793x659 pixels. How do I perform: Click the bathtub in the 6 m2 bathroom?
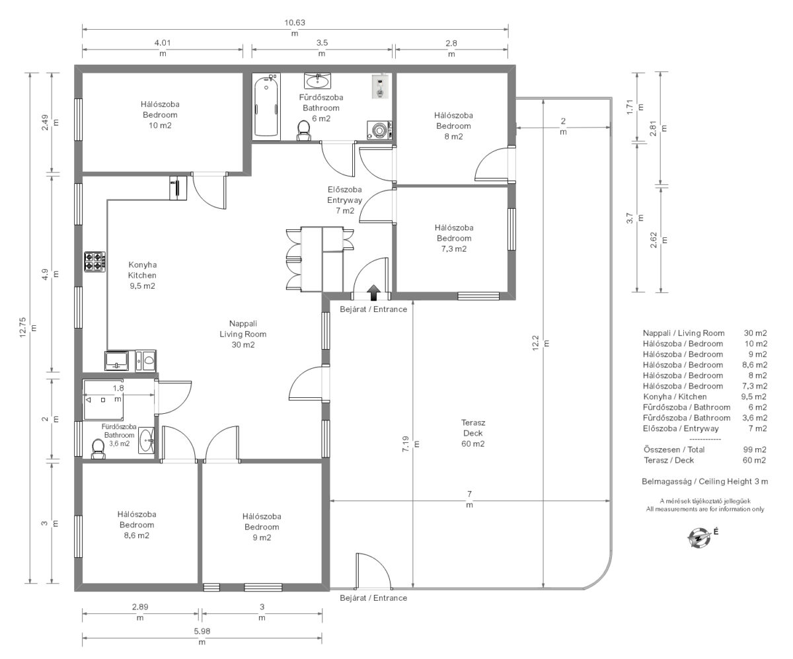point(266,106)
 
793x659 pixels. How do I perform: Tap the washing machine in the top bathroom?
point(379,130)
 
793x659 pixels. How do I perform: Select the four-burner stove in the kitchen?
point(95,261)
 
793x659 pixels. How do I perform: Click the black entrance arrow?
point(374,292)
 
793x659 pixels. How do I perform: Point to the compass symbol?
point(699,537)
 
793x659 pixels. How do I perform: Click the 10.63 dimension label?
point(295,22)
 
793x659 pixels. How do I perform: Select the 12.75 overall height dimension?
point(22,327)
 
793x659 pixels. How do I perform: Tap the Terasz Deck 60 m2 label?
point(473,433)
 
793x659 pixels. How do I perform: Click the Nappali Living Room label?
point(243,334)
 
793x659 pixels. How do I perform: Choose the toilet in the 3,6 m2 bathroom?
point(98,449)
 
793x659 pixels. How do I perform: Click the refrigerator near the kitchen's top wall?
point(178,188)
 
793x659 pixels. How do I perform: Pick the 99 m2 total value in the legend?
point(755,449)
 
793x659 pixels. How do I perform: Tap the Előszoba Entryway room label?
point(345,200)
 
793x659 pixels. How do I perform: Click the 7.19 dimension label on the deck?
point(406,444)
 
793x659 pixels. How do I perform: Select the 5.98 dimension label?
point(202,631)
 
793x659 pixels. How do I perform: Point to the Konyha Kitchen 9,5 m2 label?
point(143,276)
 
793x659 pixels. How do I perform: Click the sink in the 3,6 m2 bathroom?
point(146,440)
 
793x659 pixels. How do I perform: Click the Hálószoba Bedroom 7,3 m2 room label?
point(454,238)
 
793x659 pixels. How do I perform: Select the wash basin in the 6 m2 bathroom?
point(317,81)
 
